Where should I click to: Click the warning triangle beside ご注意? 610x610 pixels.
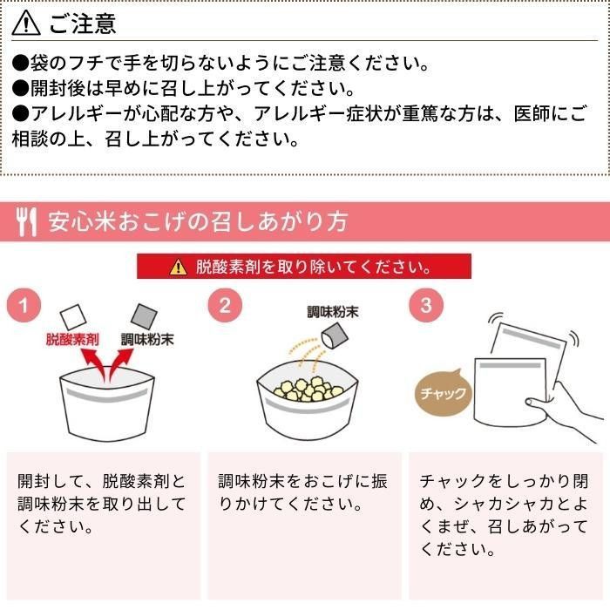click(25, 24)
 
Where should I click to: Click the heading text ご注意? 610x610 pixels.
click(83, 24)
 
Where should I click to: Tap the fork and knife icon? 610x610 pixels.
click(26, 221)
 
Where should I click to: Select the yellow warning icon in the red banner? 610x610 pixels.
click(178, 267)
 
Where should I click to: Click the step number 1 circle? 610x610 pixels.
click(24, 305)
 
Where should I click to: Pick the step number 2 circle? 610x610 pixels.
click(225, 305)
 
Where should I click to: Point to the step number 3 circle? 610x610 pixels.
click(426, 305)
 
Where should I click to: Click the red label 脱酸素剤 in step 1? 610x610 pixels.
click(72, 340)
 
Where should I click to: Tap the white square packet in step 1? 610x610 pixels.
click(72, 316)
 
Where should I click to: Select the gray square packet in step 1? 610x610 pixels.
click(144, 315)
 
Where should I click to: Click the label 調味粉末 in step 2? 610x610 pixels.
click(333, 312)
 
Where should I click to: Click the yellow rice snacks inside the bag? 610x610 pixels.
click(308, 389)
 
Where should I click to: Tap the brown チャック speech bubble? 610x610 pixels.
click(443, 392)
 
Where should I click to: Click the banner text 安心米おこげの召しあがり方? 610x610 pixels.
click(198, 221)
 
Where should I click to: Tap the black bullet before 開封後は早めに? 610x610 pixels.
click(21, 88)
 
